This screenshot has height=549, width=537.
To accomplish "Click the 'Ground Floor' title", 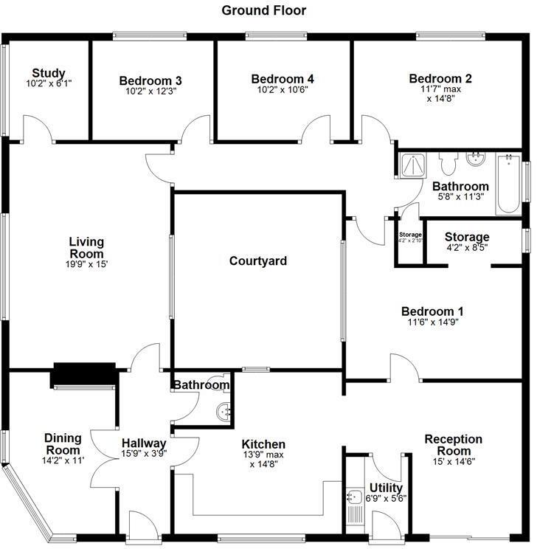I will [x=263, y=10].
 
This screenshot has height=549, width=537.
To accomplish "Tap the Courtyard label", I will [x=257, y=261].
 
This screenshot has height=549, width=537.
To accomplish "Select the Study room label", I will [x=49, y=73].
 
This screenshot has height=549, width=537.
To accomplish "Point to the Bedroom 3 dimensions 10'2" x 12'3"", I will [x=150, y=91].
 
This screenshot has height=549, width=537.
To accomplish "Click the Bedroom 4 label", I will [x=283, y=79].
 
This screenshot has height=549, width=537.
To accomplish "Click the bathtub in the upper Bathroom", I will [x=507, y=184].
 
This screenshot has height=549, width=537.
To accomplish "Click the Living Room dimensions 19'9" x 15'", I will [x=86, y=264].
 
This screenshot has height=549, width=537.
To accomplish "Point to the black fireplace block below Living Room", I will [x=83, y=374].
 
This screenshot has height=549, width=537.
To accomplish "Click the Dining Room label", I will [x=63, y=443].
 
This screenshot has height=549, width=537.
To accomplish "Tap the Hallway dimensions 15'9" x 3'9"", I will [x=145, y=454].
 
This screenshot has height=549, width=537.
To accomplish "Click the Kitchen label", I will [x=263, y=444].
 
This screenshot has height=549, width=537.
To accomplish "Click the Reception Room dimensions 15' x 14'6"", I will [x=453, y=462].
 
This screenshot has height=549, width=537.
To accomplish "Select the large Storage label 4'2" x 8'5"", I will [x=467, y=237].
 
